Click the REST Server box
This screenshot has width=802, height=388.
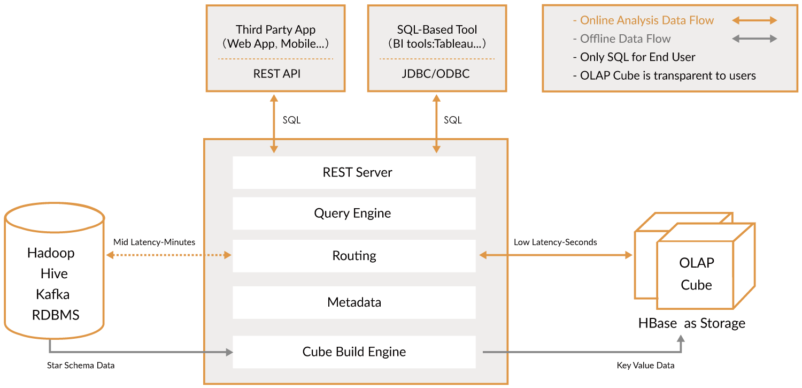[x=354, y=172]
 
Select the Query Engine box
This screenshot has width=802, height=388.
[x=354, y=213]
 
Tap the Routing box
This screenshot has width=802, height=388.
[x=354, y=256]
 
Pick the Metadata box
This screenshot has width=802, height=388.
[x=354, y=302]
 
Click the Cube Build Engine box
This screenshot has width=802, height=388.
[x=354, y=352]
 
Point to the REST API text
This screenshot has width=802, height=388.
[x=276, y=74]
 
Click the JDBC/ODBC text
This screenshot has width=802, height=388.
[x=436, y=74]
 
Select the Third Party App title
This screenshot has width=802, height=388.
[x=276, y=29]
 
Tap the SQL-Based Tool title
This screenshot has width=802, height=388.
[x=437, y=29]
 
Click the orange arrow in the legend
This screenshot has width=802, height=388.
[x=754, y=20]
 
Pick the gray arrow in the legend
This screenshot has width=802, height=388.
[x=754, y=39]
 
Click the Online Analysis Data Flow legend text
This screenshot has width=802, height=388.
[x=646, y=20]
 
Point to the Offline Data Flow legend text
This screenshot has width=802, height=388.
[x=625, y=39]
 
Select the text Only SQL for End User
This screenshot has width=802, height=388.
[x=637, y=57]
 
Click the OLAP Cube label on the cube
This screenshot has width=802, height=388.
[x=696, y=273]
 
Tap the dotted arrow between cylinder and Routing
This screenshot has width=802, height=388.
[x=169, y=255]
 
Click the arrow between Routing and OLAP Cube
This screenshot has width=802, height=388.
[x=556, y=255]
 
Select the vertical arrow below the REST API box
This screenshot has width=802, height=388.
[x=274, y=124]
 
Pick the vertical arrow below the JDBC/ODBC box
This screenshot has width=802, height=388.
[x=436, y=124]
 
